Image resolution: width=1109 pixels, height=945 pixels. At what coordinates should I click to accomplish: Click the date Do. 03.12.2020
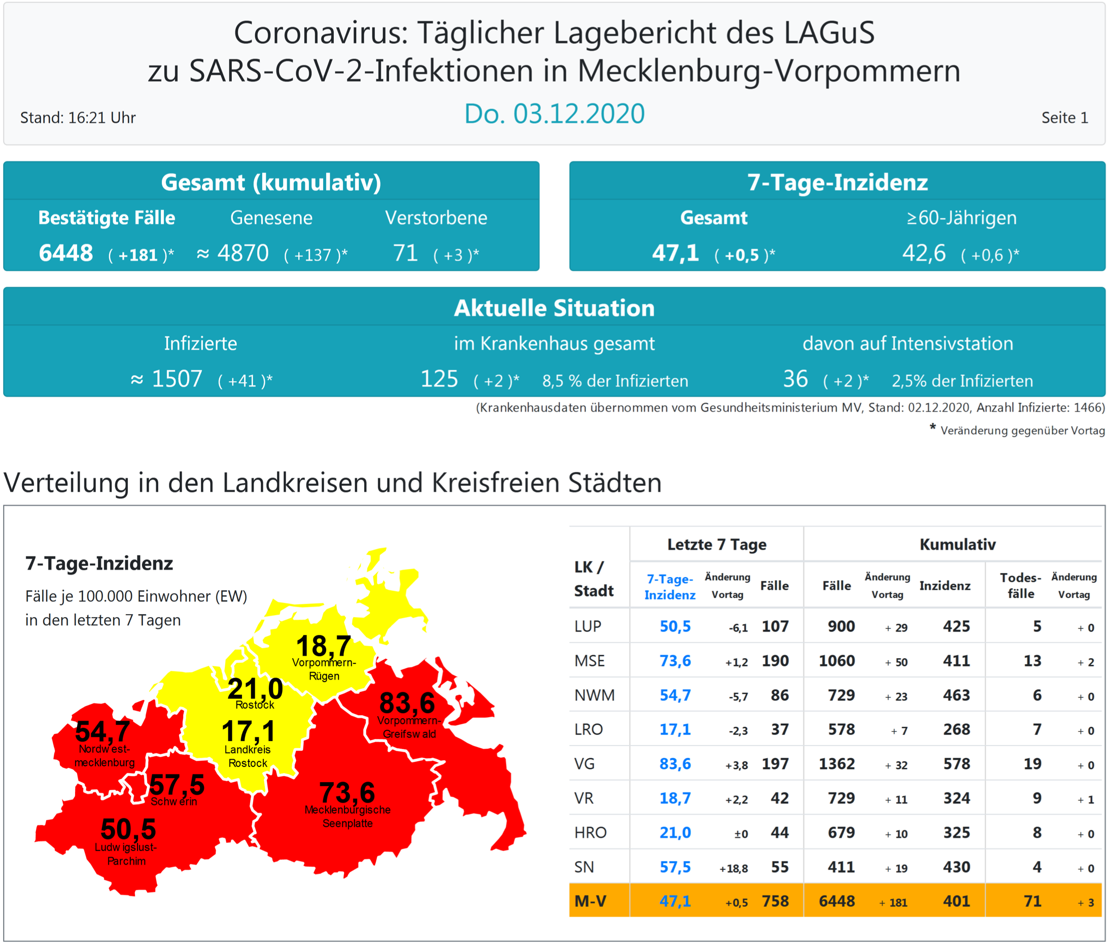click(x=554, y=114)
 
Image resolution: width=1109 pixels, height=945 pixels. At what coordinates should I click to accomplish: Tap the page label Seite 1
click(x=1064, y=118)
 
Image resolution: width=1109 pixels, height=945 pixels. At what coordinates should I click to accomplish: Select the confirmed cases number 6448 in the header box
click(x=66, y=253)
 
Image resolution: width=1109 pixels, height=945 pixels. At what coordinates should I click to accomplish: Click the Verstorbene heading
click(x=436, y=218)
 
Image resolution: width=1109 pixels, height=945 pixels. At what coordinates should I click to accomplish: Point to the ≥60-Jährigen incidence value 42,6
click(x=923, y=253)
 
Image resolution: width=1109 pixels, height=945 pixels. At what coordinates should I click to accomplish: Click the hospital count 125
click(x=439, y=379)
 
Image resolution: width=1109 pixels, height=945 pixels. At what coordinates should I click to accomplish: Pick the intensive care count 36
click(x=795, y=379)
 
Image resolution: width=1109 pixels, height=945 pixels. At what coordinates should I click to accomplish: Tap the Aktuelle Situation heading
click(x=554, y=309)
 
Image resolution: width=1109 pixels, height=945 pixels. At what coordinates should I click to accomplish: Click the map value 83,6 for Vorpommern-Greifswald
click(x=407, y=702)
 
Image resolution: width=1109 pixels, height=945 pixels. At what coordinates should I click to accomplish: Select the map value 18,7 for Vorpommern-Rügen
click(x=323, y=646)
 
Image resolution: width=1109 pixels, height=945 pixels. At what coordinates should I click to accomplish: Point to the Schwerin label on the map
click(x=174, y=801)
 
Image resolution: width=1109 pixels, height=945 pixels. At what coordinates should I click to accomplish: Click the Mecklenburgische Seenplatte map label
click(x=348, y=817)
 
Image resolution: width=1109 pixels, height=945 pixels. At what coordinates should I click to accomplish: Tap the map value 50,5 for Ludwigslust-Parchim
click(x=128, y=829)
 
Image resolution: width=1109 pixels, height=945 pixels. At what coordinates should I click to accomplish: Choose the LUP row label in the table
click(x=587, y=626)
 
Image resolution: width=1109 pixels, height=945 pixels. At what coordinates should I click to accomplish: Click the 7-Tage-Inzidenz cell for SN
click(x=675, y=867)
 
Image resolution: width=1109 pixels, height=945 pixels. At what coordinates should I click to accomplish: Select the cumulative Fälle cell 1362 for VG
click(x=837, y=764)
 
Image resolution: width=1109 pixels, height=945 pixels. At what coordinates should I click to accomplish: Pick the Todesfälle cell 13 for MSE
click(x=1032, y=661)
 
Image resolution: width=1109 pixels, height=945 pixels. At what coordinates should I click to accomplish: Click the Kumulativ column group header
click(x=957, y=545)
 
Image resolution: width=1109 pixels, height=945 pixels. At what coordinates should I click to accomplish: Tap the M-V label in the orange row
click(x=591, y=901)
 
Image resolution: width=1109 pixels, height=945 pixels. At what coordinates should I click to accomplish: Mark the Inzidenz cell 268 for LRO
click(x=956, y=729)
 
